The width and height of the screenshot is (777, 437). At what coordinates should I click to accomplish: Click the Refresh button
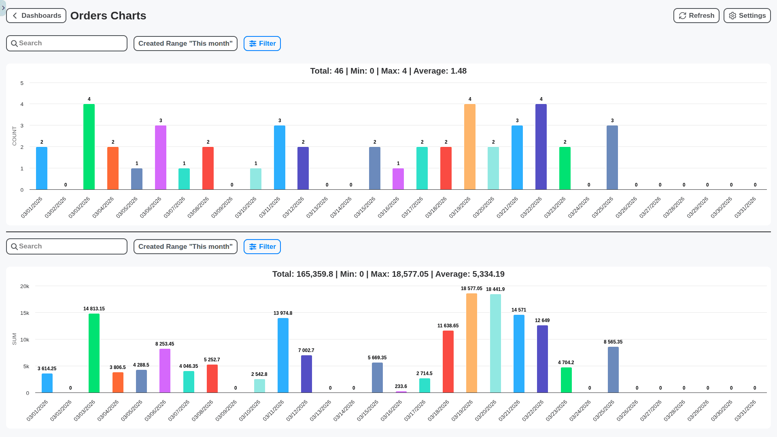tap(696, 16)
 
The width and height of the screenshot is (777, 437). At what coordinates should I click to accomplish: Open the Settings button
tap(747, 16)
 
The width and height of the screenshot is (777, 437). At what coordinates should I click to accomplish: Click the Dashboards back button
tap(36, 16)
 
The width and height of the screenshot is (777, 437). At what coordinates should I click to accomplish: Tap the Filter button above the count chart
tap(262, 44)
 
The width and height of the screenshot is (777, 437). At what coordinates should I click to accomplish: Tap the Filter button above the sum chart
tap(262, 247)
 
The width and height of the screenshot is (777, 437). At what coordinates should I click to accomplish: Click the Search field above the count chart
tap(67, 43)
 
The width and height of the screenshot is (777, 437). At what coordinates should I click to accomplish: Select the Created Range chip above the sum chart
tap(185, 247)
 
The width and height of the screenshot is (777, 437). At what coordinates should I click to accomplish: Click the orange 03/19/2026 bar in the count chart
tap(469, 147)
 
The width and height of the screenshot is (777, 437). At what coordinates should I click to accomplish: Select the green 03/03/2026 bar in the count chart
tap(89, 147)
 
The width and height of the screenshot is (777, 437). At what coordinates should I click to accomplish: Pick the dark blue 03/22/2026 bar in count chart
tap(541, 147)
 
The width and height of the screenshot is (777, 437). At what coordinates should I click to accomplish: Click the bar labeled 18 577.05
tap(471, 343)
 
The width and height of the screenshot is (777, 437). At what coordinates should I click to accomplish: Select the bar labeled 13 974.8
tap(283, 355)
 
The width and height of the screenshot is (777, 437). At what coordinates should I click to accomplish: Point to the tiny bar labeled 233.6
tap(401, 392)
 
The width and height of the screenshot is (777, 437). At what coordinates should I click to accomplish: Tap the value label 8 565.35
tap(613, 342)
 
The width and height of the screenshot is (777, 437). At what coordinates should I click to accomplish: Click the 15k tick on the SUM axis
tap(25, 313)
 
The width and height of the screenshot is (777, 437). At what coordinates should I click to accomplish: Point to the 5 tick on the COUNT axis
tap(22, 83)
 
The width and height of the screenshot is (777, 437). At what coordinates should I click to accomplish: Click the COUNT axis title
tap(15, 136)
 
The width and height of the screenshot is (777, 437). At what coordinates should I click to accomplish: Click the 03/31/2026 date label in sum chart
tap(745, 410)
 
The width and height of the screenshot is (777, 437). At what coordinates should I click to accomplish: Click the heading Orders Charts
tap(108, 16)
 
